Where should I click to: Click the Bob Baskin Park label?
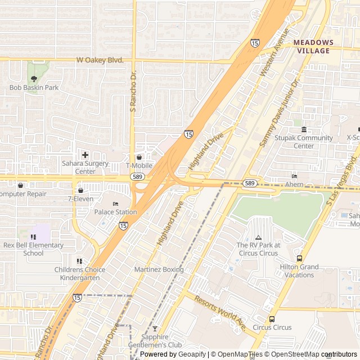(34, 88)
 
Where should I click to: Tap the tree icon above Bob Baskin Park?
(34, 79)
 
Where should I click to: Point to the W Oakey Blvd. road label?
(100, 60)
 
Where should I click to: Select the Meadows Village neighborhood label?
(313, 47)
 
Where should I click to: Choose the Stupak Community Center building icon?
(304, 129)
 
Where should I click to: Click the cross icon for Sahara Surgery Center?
(85, 155)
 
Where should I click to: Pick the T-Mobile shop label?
(139, 166)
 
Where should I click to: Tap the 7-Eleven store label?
(80, 199)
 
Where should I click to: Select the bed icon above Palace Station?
(115, 204)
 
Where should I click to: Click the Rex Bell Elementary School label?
(34, 249)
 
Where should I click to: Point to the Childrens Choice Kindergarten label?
(79, 273)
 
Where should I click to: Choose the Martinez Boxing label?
(159, 269)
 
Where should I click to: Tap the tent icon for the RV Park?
(258, 237)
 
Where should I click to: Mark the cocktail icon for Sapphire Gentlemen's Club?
(155, 328)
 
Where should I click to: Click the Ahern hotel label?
(294, 184)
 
